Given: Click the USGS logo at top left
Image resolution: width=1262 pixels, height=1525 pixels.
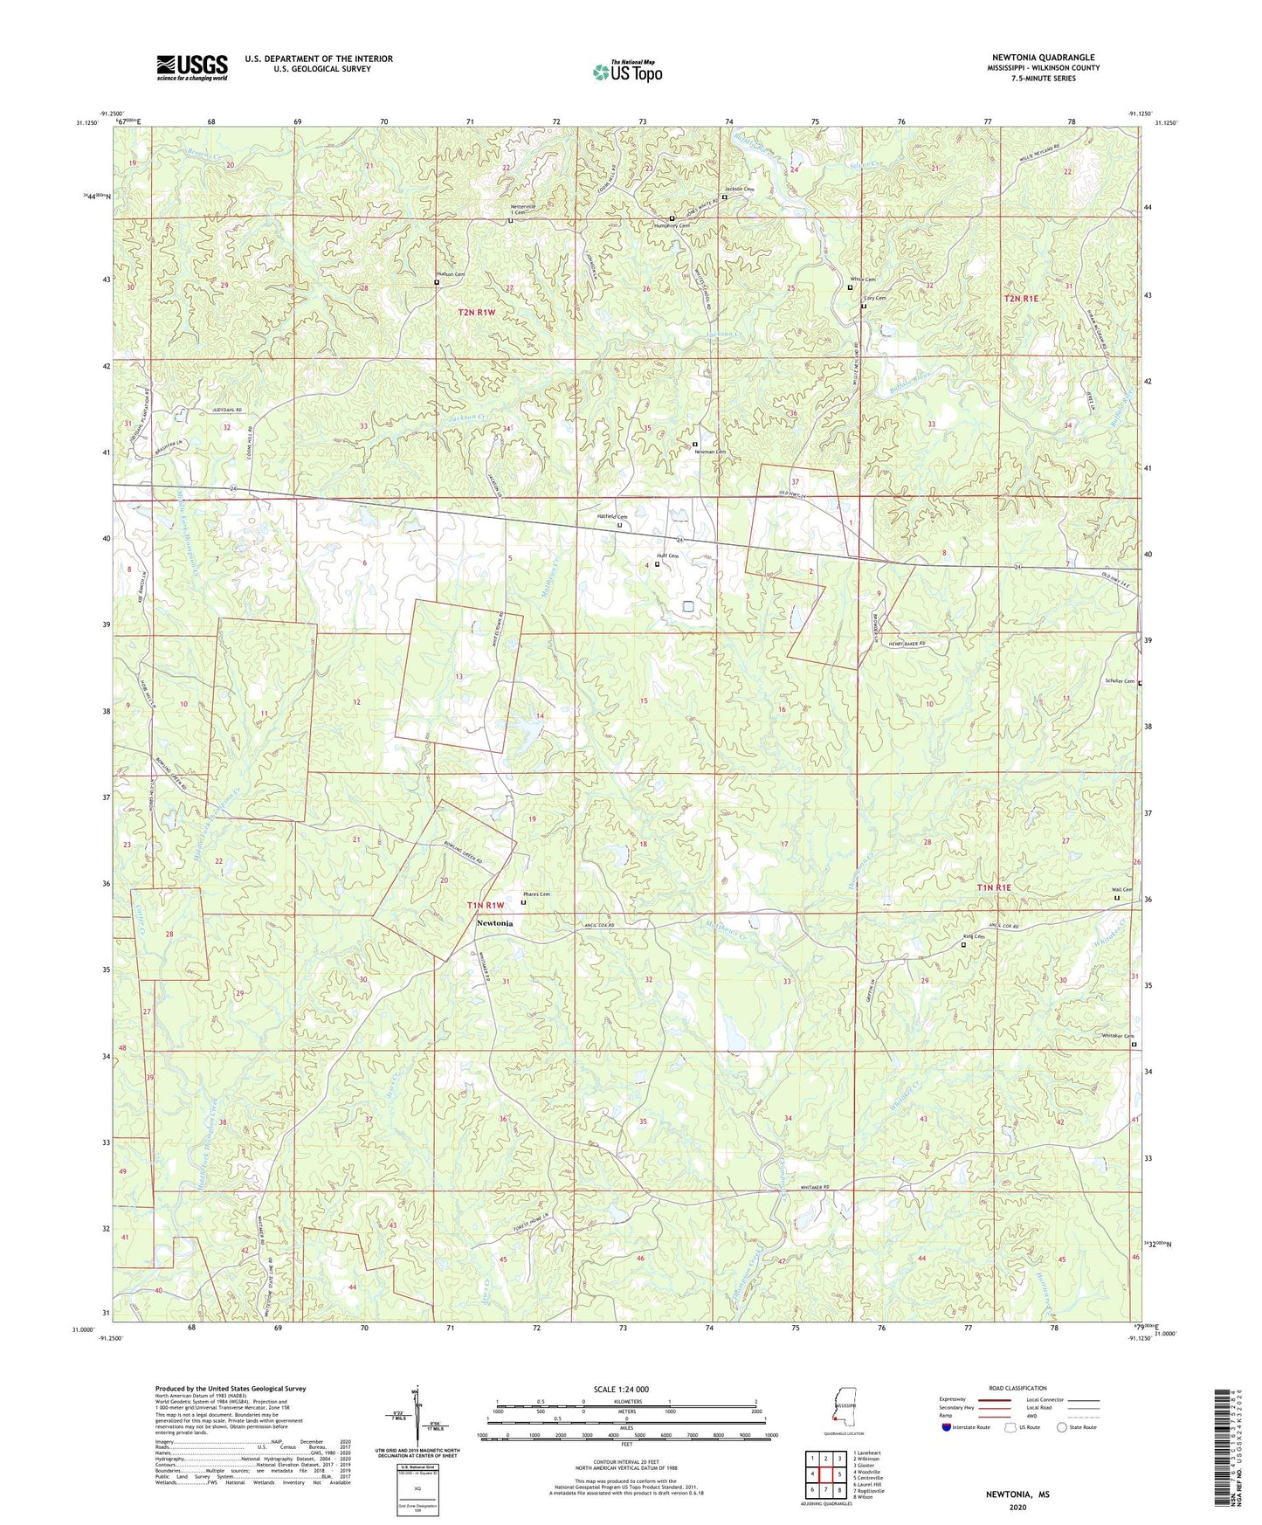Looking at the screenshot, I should click(192, 67).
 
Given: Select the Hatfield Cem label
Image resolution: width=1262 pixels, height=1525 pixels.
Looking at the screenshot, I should click(611, 517).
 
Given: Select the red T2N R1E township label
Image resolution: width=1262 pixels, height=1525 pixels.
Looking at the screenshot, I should click(1022, 299).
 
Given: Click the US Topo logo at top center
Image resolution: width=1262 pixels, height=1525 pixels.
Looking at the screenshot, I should click(627, 72).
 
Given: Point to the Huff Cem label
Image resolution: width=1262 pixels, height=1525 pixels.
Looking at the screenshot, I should click(667, 556).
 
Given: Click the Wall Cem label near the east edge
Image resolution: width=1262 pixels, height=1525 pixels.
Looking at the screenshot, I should click(1122, 890).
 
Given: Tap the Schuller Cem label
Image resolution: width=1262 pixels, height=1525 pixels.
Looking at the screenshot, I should click(1119, 681).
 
